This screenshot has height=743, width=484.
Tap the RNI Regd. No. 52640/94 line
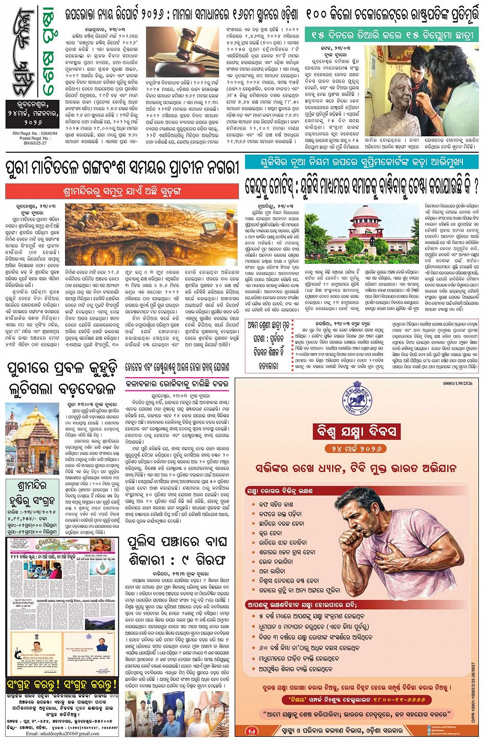(33, 131)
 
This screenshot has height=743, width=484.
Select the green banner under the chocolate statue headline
(391, 35)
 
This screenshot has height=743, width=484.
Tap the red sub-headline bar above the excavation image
(122, 191)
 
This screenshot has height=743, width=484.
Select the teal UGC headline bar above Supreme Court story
(361, 162)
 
